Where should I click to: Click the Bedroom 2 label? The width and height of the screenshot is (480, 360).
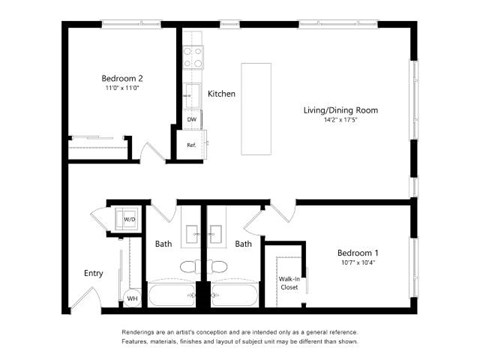tap(122, 77)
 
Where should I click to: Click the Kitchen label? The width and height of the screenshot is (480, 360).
tap(221, 94)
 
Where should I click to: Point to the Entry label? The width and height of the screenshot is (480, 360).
tap(93, 273)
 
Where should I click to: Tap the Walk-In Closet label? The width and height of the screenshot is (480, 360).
tap(289, 282)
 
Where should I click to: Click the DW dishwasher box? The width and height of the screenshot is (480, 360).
tap(191, 120)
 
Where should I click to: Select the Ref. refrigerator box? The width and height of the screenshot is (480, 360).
tap(191, 145)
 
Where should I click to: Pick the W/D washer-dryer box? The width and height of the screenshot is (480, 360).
tap(129, 220)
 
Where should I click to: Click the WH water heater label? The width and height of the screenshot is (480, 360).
tap(131, 297)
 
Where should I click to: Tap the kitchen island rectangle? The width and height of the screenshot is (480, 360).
tap(256, 107)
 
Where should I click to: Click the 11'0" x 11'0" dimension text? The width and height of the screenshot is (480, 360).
tap(122, 88)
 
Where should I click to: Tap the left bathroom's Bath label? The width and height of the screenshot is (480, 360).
tap(163, 243)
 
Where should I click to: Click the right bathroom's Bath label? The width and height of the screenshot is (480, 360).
tap(243, 243)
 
